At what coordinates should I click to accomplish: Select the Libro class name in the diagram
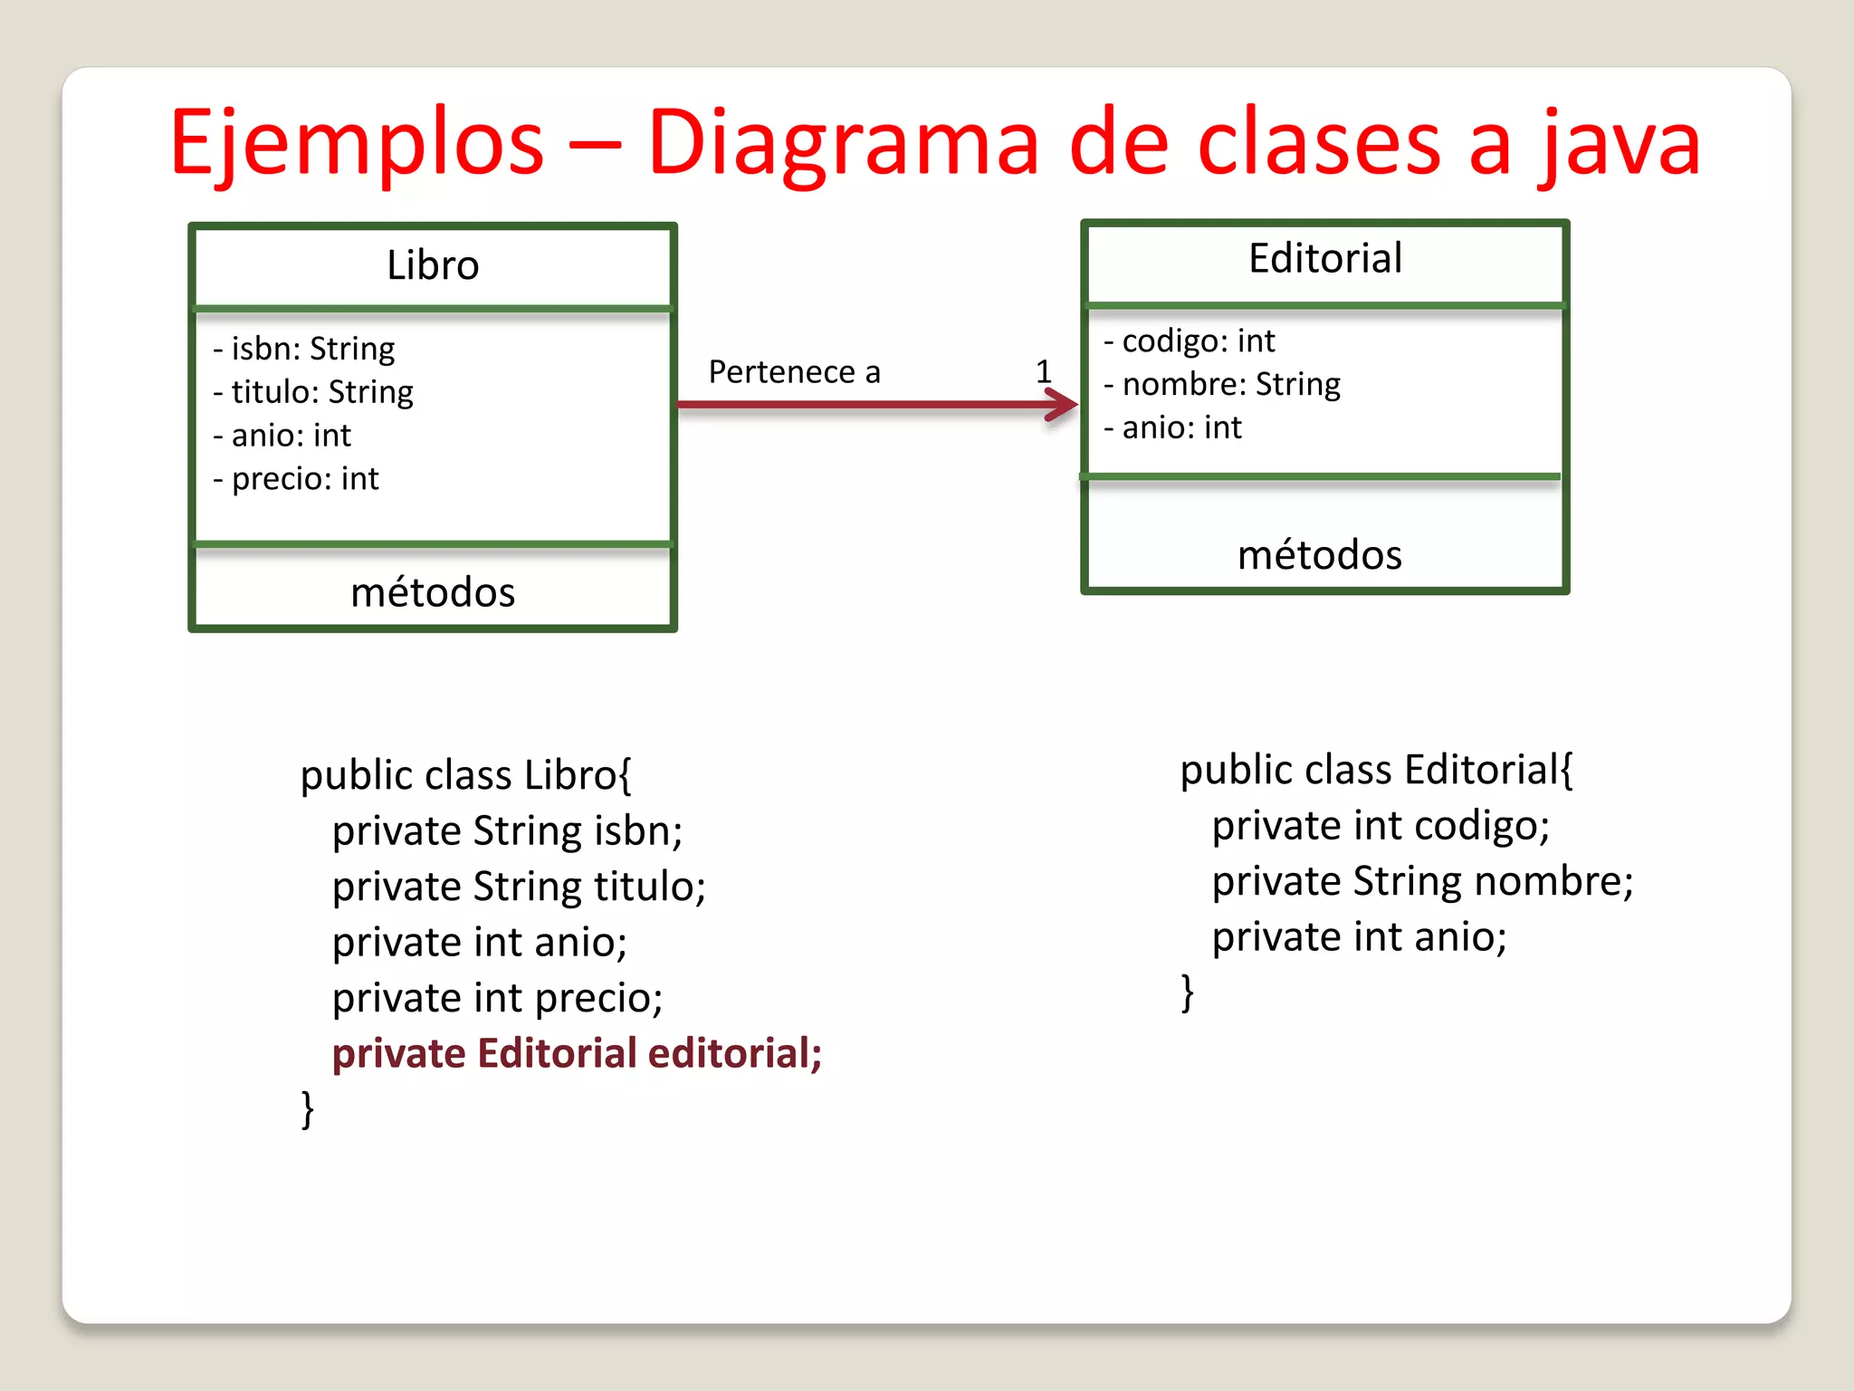[433, 265]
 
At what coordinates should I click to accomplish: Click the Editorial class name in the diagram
[1325, 259]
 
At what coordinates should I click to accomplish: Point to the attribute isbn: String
[304, 349]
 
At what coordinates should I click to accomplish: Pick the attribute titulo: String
[313, 392]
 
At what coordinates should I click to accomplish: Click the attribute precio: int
[296, 479]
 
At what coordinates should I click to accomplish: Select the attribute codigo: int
[1190, 341]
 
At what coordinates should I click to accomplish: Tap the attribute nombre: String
[1222, 385]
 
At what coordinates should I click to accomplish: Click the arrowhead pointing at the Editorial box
[1064, 405]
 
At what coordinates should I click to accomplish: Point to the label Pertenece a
[794, 372]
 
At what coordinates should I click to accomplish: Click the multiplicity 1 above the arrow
[1044, 371]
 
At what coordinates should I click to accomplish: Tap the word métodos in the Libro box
[433, 593]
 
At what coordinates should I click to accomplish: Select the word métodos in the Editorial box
[1320, 555]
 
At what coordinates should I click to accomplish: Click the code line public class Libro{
[466, 776]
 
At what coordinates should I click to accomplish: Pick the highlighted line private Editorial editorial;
[577, 1054]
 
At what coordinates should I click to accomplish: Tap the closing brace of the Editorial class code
[1188, 993]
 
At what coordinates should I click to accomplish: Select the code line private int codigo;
[1381, 826]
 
